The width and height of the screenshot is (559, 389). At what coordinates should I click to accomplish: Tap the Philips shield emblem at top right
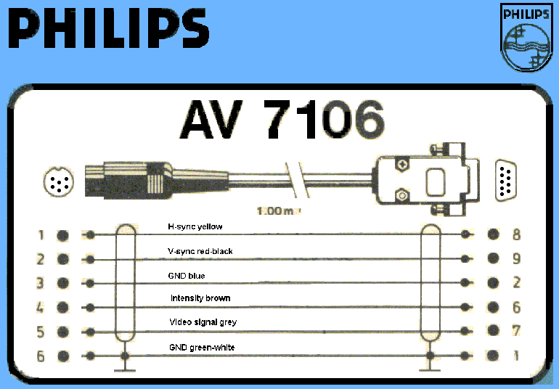[525, 38]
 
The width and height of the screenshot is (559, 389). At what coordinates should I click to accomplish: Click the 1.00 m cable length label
[278, 213]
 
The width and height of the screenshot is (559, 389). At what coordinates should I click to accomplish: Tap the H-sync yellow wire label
[195, 227]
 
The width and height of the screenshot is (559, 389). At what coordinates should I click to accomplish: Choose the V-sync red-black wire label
[200, 251]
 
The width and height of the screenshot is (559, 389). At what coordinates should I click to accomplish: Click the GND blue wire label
[187, 276]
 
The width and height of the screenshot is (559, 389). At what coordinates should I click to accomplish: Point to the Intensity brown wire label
[200, 298]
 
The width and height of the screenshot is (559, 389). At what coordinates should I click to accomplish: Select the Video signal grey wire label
[203, 322]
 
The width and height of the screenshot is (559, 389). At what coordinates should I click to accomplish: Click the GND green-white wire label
[202, 348]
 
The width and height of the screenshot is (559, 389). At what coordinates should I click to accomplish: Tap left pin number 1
[41, 235]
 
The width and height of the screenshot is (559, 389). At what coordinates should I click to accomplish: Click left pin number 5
[41, 332]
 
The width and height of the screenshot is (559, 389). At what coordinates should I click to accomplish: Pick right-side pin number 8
[516, 235]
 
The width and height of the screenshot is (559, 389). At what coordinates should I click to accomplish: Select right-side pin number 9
[516, 259]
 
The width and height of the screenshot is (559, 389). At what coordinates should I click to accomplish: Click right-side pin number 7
[516, 331]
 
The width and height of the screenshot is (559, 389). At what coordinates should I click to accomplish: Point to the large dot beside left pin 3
[62, 283]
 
